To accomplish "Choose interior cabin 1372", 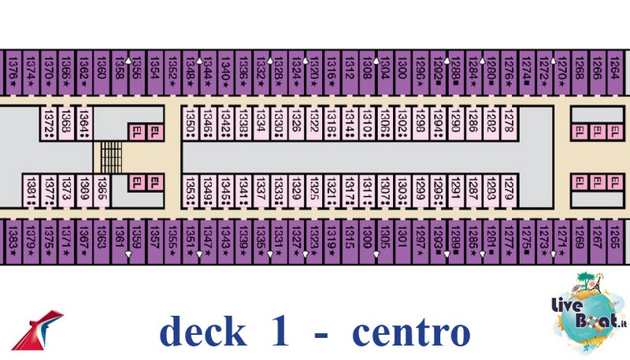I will pos(48,123).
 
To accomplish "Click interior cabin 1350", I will pos(191,123).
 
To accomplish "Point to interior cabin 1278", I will pos(510,123).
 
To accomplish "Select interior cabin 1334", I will pos(261,123).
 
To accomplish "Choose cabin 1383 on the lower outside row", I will pos(11,240).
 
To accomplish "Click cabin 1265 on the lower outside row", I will pos(613,240).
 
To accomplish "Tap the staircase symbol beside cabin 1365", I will pos(110,157).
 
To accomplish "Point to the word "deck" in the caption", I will pos(203,332).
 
